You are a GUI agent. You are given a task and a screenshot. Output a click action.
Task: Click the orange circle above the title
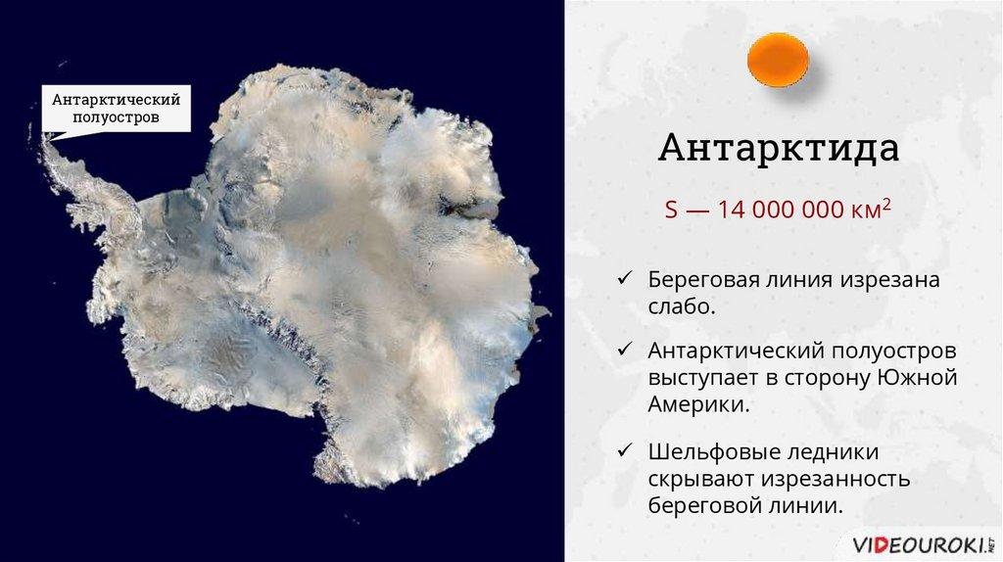click(x=778, y=60)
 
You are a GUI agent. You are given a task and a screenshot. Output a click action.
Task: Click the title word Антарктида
click(x=779, y=148)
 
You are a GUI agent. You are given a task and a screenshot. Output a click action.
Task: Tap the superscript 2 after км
click(x=886, y=204)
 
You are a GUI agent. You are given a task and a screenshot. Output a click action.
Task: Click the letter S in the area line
click(x=670, y=210)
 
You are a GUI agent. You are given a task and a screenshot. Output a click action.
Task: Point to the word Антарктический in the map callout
click(x=116, y=100)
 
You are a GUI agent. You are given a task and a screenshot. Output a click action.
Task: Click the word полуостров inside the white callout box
click(x=116, y=117)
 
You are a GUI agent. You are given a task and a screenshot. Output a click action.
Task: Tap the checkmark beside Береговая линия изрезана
click(x=624, y=278)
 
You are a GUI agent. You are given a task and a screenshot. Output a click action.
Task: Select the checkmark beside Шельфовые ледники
click(x=624, y=450)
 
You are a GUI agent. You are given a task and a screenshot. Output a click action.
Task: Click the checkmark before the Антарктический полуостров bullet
click(x=624, y=350)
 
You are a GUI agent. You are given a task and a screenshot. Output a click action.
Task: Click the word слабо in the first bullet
click(x=682, y=306)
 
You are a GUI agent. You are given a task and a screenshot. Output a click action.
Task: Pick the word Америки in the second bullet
click(x=697, y=404)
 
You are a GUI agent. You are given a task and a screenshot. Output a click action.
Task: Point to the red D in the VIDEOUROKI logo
click(x=882, y=545)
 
